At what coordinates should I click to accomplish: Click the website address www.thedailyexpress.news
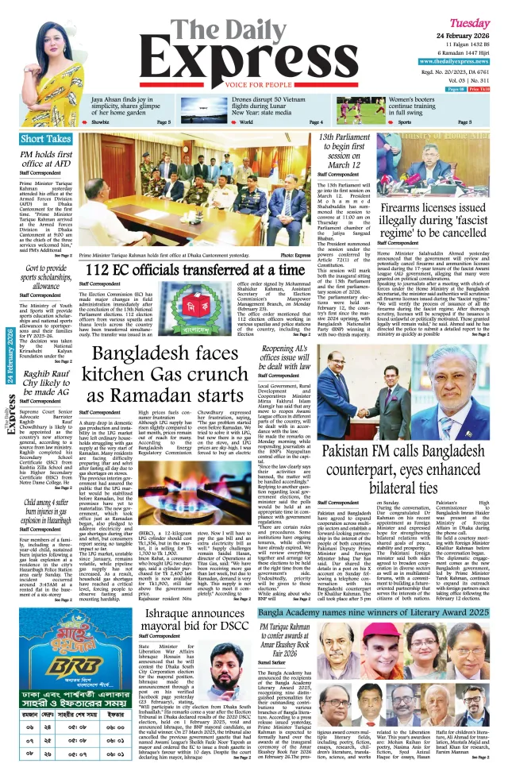455,61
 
